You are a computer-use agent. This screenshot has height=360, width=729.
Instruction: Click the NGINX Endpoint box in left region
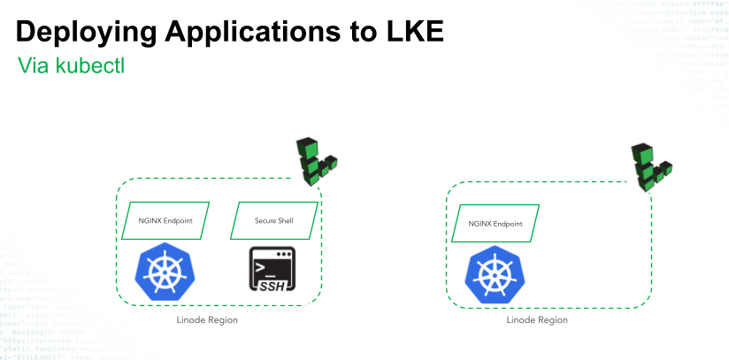pos(165,220)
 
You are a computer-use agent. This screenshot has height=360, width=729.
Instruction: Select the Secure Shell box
pos(273,220)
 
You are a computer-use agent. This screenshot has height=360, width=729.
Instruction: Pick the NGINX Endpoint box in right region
pos(495,225)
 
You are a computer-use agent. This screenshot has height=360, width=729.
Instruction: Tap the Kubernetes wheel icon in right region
pos(495,275)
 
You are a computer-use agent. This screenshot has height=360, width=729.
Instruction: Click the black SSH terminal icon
pos(273,271)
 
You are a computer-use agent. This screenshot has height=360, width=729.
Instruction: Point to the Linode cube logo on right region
pos(651,166)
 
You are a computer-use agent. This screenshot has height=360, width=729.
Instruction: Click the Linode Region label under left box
pos(207,319)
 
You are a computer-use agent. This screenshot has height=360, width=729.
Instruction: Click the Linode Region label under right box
pos(537,319)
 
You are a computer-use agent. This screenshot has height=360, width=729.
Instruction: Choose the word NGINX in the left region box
pos(150,220)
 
